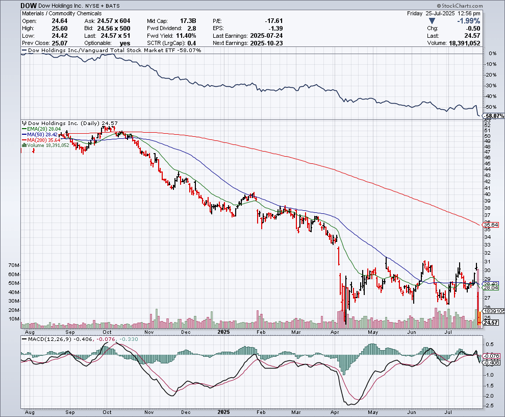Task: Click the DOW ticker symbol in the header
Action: click(29, 5)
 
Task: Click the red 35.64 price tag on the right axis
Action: click(491, 225)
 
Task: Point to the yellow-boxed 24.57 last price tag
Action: click(491, 323)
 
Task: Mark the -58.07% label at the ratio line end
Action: click(493, 116)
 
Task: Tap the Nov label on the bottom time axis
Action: click(149, 411)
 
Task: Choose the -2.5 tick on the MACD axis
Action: click(488, 406)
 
